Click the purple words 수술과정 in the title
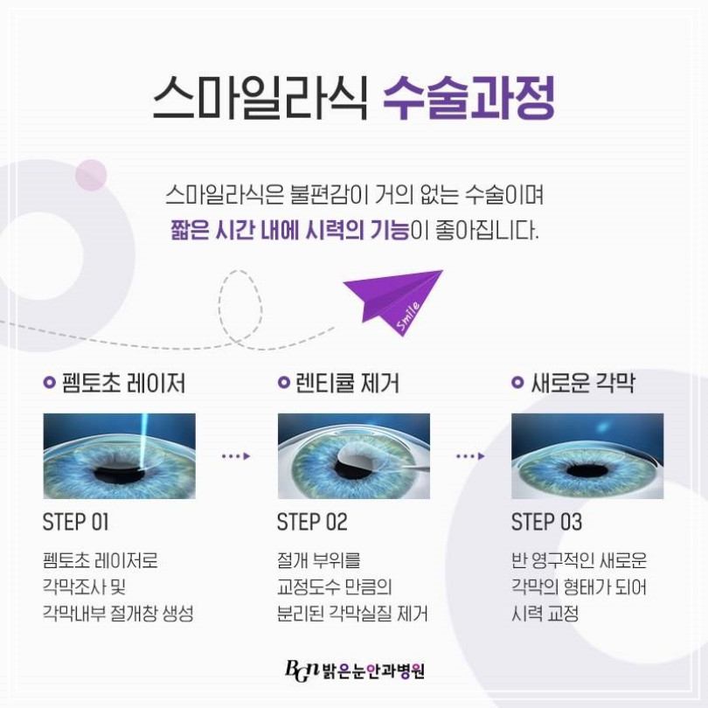click(x=469, y=98)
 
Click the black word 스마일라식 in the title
click(x=260, y=98)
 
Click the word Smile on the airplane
click(x=409, y=316)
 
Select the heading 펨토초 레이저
click(x=123, y=384)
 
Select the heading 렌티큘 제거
click(x=347, y=384)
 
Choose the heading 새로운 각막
click(x=583, y=384)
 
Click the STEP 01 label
click(x=76, y=522)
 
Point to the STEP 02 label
click(x=312, y=522)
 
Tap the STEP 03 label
click(x=546, y=522)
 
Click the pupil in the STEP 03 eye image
click(x=587, y=471)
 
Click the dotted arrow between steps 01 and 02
click(x=236, y=456)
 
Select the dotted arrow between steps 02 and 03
click(x=470, y=456)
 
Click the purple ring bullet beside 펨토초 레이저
click(x=49, y=383)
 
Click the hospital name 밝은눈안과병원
click(x=373, y=671)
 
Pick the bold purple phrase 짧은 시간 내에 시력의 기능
click(x=289, y=230)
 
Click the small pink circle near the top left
click(x=91, y=175)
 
